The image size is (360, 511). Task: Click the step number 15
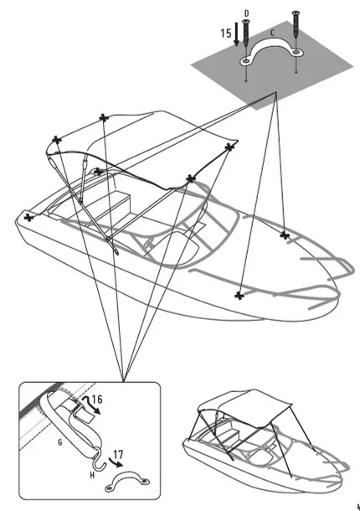pyautogui.click(x=226, y=34)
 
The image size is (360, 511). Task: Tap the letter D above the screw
pyautogui.click(x=247, y=13)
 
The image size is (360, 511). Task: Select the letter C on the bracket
pyautogui.click(x=272, y=33)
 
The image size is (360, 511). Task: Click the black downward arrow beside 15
pyautogui.click(x=237, y=37)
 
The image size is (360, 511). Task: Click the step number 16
pyautogui.click(x=97, y=400)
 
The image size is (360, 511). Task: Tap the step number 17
pyautogui.click(x=118, y=454)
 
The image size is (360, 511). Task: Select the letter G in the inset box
pyautogui.click(x=60, y=442)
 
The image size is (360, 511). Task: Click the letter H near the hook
pyautogui.click(x=92, y=476)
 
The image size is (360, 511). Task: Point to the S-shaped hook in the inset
pyautogui.click(x=98, y=460)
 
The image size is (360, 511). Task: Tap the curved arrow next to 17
pyautogui.click(x=116, y=462)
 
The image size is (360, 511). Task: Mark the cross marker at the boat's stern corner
pyautogui.click(x=29, y=217)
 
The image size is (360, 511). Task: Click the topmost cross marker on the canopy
pyautogui.click(x=104, y=118)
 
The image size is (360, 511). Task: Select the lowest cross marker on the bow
pyautogui.click(x=239, y=296)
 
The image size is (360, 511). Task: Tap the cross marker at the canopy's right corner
pyautogui.click(x=229, y=147)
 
